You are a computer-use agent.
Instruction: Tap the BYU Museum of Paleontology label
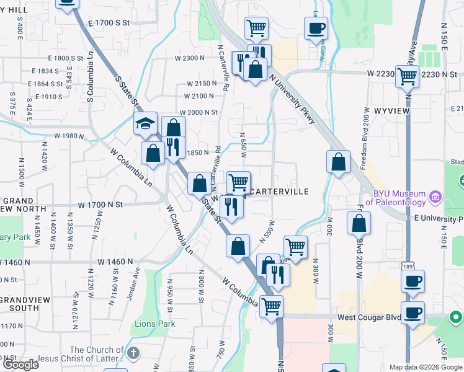(396, 197)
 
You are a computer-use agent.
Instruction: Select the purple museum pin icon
(435, 198)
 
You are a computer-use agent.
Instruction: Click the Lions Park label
(150, 324)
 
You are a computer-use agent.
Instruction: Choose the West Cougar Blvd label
(366, 317)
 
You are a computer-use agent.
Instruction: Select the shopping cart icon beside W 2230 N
(407, 77)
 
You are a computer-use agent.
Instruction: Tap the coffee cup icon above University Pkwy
(316, 28)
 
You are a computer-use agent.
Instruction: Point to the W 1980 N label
(69, 136)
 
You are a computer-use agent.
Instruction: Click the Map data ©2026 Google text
(426, 367)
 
